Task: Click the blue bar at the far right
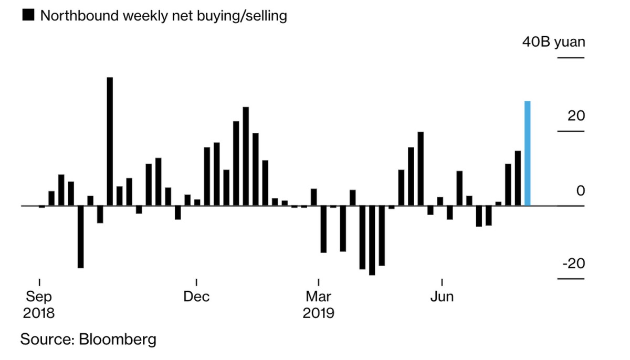pos(528,153)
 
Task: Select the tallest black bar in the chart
pos(110,142)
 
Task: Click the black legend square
pos(28,16)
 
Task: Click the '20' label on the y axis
pos(576,115)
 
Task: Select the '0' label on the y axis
pos(580,190)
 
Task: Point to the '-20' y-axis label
pos(573,263)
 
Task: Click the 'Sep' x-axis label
pos(38,297)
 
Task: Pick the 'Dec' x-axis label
pos(196,297)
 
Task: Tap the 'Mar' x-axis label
pos(318,297)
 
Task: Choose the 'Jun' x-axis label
pos(442,297)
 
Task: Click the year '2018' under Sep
pos(38,313)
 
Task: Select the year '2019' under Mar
pos(318,313)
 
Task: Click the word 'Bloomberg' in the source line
pos(118,339)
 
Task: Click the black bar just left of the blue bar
pos(518,178)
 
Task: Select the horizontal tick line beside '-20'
pos(570,278)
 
